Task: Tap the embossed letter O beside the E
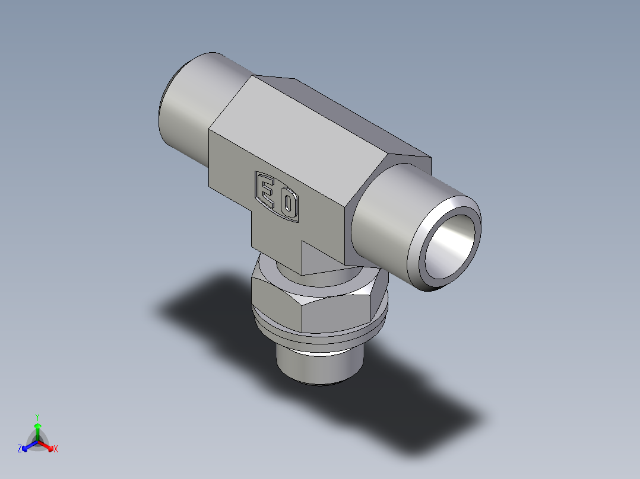pyautogui.click(x=288, y=205)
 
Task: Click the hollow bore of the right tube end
pyautogui.click(x=452, y=244)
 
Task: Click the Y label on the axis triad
pyautogui.click(x=37, y=416)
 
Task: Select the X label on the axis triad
pyautogui.click(x=56, y=449)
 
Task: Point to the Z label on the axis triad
pyautogui.click(x=20, y=449)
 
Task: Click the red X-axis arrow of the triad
pyautogui.click(x=47, y=445)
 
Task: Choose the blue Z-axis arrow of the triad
pyautogui.click(x=28, y=445)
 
